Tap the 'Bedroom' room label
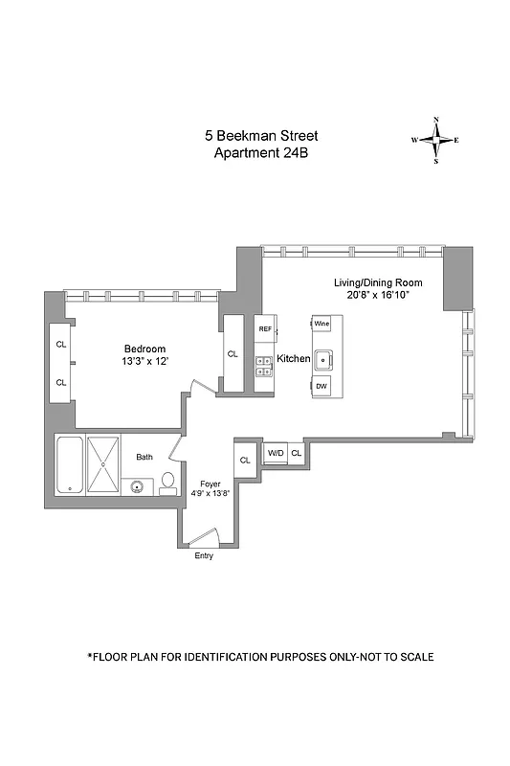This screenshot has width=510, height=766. tap(144, 349)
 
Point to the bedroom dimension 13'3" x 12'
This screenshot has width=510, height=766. tap(144, 362)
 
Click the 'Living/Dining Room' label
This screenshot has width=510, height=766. tap(378, 283)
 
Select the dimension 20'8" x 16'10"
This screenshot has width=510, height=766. tap(378, 296)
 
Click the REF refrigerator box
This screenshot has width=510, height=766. tap(265, 328)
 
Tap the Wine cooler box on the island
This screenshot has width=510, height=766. tap(322, 325)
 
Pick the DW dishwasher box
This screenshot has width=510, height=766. tap(322, 386)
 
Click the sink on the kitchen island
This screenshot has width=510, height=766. tap(323, 360)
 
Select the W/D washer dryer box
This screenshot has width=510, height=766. tap(275, 453)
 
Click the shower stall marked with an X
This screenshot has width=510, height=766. tap(103, 464)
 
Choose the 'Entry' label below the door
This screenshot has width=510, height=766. tap(204, 555)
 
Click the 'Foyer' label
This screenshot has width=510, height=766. tap(210, 484)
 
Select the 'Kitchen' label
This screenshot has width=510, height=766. tap(293, 358)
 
